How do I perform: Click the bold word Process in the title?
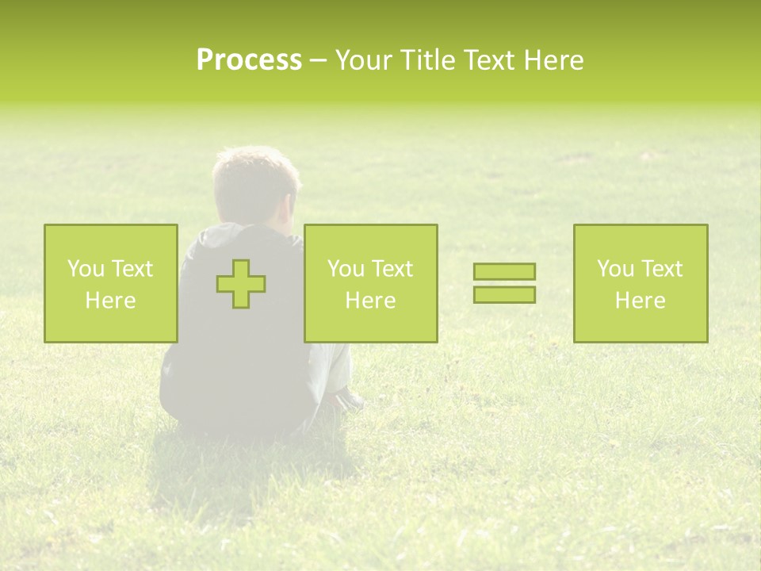[x=249, y=60]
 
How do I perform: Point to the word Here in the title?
[x=553, y=60]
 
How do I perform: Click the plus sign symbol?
[x=241, y=284]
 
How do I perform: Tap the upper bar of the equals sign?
[x=504, y=271]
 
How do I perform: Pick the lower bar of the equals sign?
[x=504, y=294]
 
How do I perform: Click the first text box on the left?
[x=110, y=283]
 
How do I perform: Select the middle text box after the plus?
[x=370, y=283]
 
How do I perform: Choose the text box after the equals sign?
[x=641, y=283]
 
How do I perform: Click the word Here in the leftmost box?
[x=110, y=301]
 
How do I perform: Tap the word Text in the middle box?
[x=391, y=269]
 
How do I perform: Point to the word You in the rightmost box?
[x=617, y=269]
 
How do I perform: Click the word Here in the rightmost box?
[x=641, y=301]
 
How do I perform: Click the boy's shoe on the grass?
[x=349, y=400]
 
